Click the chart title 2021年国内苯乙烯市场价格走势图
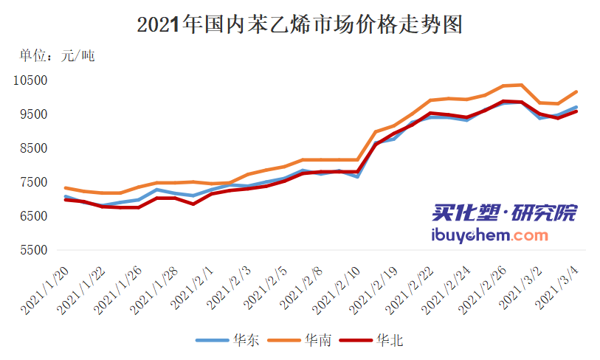click(x=300, y=25)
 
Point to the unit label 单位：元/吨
click(x=57, y=55)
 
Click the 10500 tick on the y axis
click(x=32, y=80)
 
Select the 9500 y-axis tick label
click(x=34, y=114)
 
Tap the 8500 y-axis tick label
click(x=34, y=148)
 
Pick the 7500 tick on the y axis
click(x=34, y=182)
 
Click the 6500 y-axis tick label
click(x=34, y=216)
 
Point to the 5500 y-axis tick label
click(x=34, y=250)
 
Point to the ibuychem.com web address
click(x=489, y=235)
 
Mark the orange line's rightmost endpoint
click(x=576, y=91)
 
